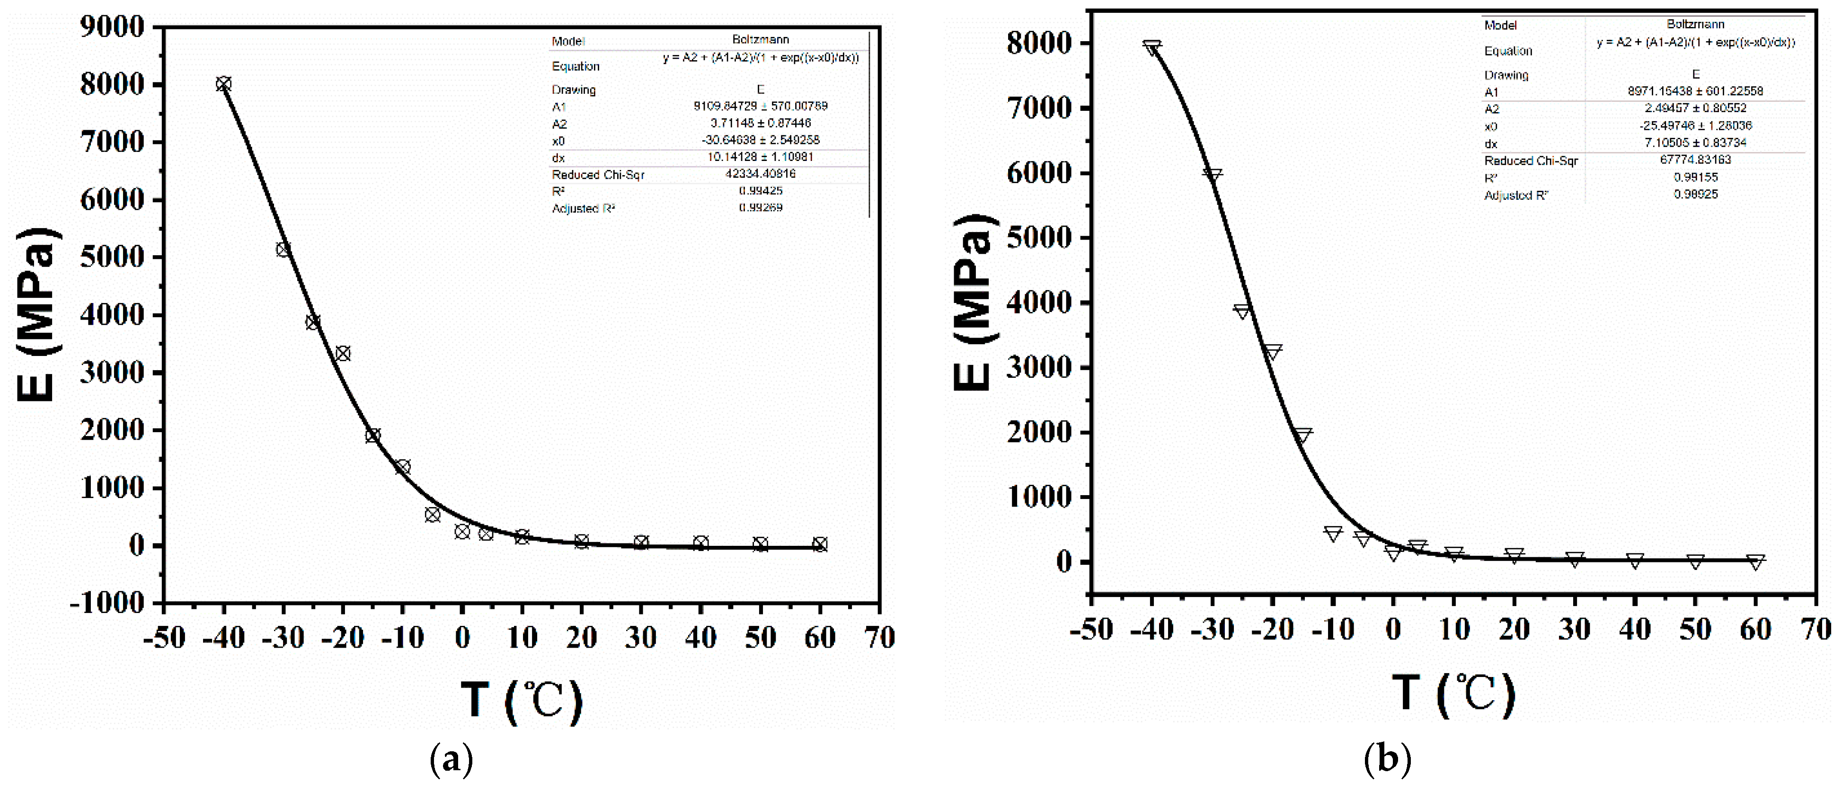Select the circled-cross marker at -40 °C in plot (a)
[x=224, y=84]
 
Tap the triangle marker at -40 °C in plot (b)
[x=1151, y=48]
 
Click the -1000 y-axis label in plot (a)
[x=107, y=603]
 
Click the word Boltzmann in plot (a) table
[x=760, y=39]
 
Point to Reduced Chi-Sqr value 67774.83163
[x=1695, y=160]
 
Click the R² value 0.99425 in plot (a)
[x=760, y=191]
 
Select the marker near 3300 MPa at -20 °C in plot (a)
[x=343, y=354]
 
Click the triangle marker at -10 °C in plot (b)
[x=1333, y=534]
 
